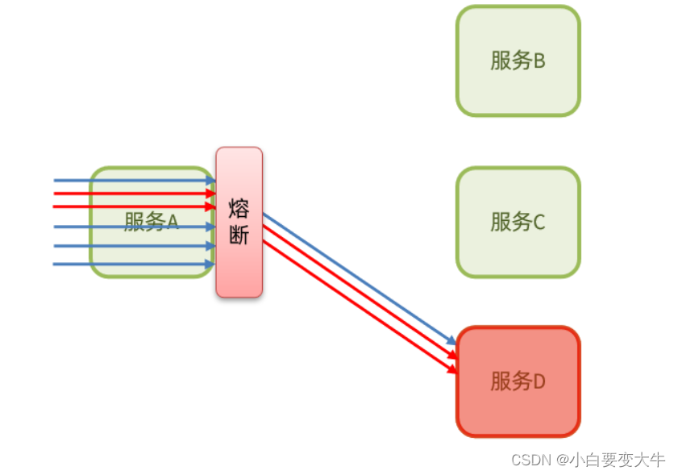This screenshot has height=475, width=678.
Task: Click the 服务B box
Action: tap(518, 60)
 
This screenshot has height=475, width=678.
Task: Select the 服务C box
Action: tap(518, 221)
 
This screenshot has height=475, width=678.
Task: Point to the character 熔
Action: tap(239, 209)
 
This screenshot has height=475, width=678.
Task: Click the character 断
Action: tap(239, 234)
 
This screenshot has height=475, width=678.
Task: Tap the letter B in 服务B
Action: tap(539, 61)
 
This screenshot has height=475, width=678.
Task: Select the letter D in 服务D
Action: tap(539, 381)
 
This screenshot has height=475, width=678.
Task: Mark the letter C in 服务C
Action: tap(539, 222)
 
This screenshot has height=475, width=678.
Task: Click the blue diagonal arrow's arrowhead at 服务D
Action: tap(453, 343)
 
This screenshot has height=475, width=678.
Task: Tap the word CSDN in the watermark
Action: tap(528, 460)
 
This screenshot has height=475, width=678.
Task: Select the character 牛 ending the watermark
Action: tap(657, 460)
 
